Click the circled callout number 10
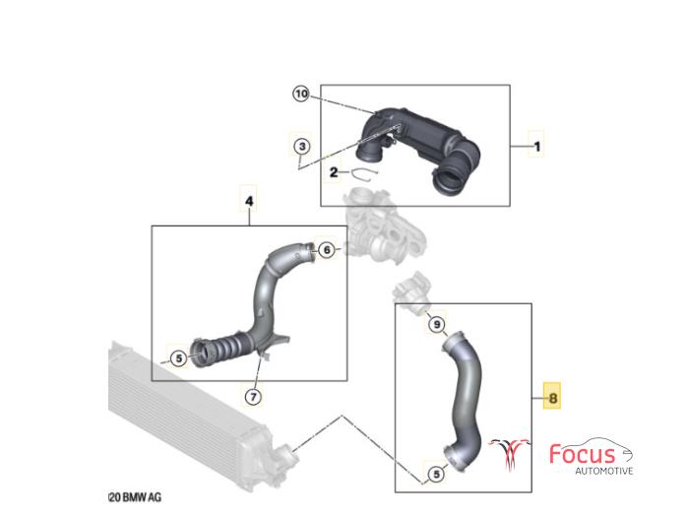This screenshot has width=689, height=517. pyautogui.click(x=301, y=94)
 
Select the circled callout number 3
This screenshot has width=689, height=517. pyautogui.click(x=302, y=146)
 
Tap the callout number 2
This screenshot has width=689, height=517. pyautogui.click(x=334, y=172)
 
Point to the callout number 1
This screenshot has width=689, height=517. pyautogui.click(x=537, y=146)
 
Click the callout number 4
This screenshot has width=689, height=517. pyautogui.click(x=249, y=201)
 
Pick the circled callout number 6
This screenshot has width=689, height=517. pyautogui.click(x=327, y=250)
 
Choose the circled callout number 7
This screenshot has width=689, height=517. pyautogui.click(x=253, y=397)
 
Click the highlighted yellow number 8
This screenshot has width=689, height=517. pyautogui.click(x=552, y=398)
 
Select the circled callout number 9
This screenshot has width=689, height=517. pyautogui.click(x=436, y=324)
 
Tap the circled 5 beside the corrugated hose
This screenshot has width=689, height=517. pyautogui.click(x=179, y=358)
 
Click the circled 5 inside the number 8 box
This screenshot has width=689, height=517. pyautogui.click(x=436, y=474)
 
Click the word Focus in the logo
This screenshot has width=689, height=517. pyautogui.click(x=583, y=454)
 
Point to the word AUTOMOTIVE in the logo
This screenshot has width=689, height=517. pyautogui.click(x=604, y=471)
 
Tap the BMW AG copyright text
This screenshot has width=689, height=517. pyautogui.click(x=135, y=497)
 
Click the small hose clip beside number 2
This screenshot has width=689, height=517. pyautogui.click(x=364, y=174)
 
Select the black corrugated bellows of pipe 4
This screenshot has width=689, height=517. pyautogui.click(x=224, y=349)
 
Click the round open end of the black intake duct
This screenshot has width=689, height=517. pyautogui.click(x=449, y=180)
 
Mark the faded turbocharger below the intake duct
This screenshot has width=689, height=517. pyautogui.click(x=383, y=226)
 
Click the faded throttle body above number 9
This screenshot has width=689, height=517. pyautogui.click(x=411, y=291)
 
